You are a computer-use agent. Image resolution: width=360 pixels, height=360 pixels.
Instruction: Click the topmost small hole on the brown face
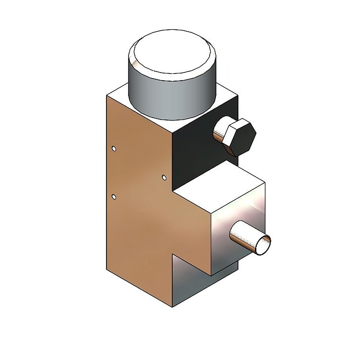(x=114, y=149)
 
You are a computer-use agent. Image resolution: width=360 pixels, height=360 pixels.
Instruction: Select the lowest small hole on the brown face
(x=114, y=197)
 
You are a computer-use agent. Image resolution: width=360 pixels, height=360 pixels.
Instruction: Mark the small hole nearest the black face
(x=164, y=177)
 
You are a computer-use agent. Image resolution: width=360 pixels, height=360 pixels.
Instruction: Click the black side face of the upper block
(x=194, y=151)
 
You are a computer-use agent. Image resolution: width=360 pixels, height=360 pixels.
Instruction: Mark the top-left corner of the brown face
(x=107, y=95)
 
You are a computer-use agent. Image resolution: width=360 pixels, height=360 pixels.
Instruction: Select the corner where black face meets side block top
(x=173, y=191)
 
